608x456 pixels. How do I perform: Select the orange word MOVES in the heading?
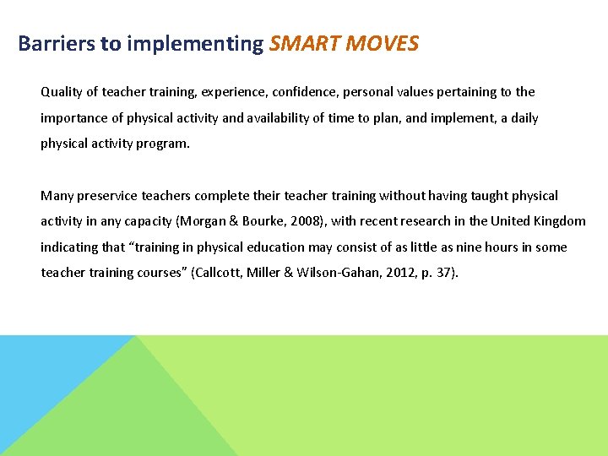383,44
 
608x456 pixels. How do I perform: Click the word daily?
524,118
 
